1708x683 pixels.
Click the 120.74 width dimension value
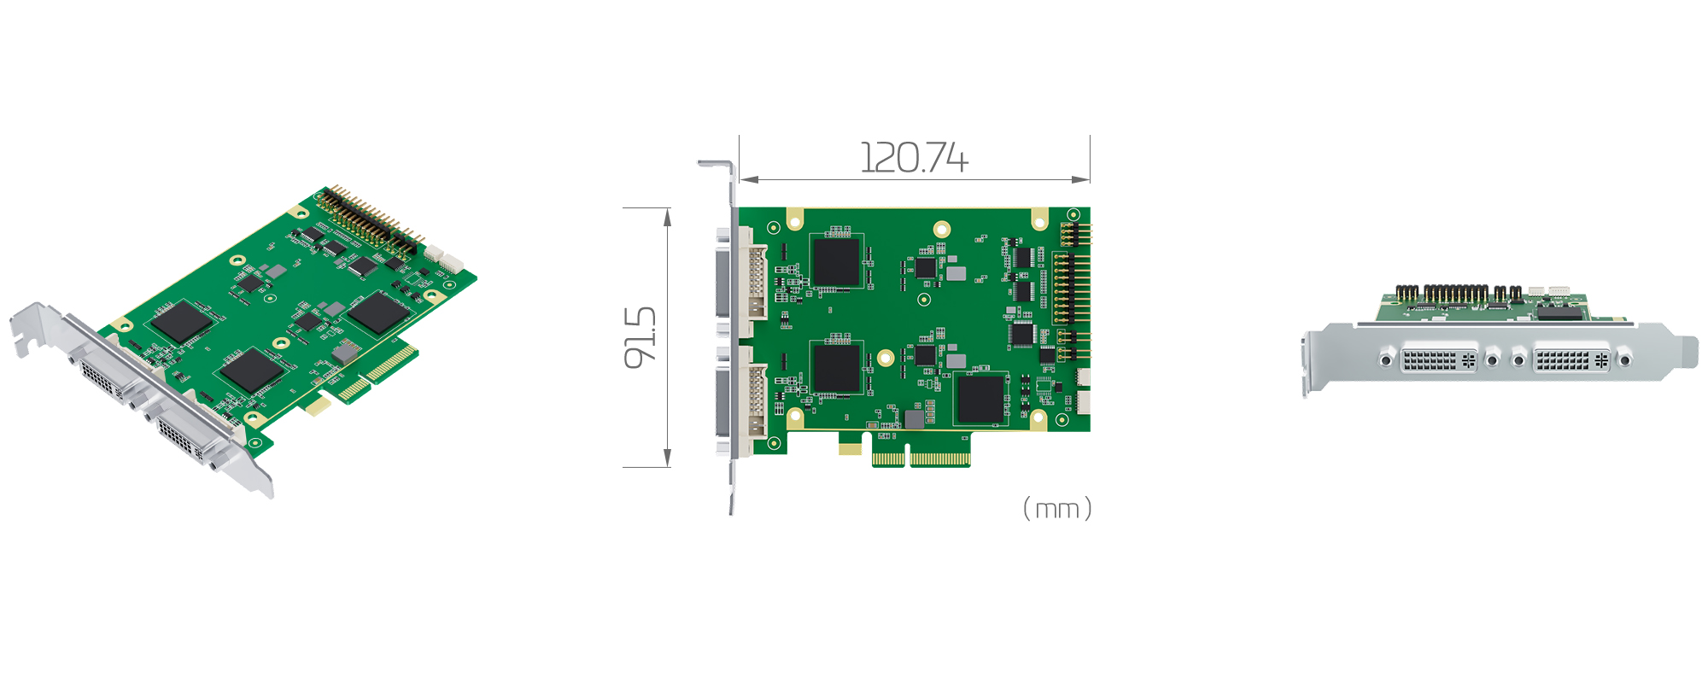pos(914,158)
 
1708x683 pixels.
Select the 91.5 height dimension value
pos(640,337)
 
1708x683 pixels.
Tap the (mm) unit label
pos(1057,509)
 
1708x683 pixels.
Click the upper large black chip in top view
pos(835,261)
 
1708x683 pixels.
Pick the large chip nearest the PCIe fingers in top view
pos(980,399)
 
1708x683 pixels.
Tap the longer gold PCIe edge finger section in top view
pos(939,458)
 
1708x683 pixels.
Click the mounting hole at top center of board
pos(942,229)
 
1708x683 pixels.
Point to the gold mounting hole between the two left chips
pos(886,358)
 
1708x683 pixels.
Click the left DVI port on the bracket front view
pos(1439,359)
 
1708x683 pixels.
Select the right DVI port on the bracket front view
pos(1571,359)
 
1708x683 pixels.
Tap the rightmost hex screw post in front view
pos(1624,360)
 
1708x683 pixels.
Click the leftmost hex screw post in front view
pos(1386,360)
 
